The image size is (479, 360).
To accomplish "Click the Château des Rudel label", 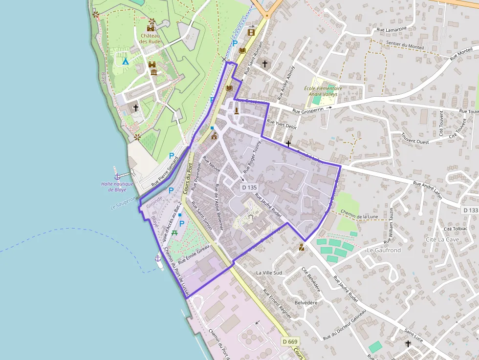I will tap(150, 38).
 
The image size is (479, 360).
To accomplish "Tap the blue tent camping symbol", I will tap(125, 61).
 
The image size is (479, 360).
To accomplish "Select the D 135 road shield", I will tap(249, 187).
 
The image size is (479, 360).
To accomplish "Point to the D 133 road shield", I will tap(470, 210).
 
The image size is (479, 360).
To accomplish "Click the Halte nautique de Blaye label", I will tap(117, 187).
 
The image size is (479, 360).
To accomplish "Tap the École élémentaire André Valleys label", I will tap(323, 91).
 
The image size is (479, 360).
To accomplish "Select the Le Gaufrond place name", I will tap(383, 250).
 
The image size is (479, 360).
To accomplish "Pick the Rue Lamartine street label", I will tap(392, 29).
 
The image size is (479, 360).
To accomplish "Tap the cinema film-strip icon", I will tap(251, 33).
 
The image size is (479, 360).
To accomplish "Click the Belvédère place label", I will tap(306, 302).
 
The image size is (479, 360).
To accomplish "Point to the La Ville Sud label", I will tap(269, 272).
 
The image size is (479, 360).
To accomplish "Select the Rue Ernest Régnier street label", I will tap(277, 304).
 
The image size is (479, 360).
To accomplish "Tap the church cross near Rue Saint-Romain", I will tap(265, 64).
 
